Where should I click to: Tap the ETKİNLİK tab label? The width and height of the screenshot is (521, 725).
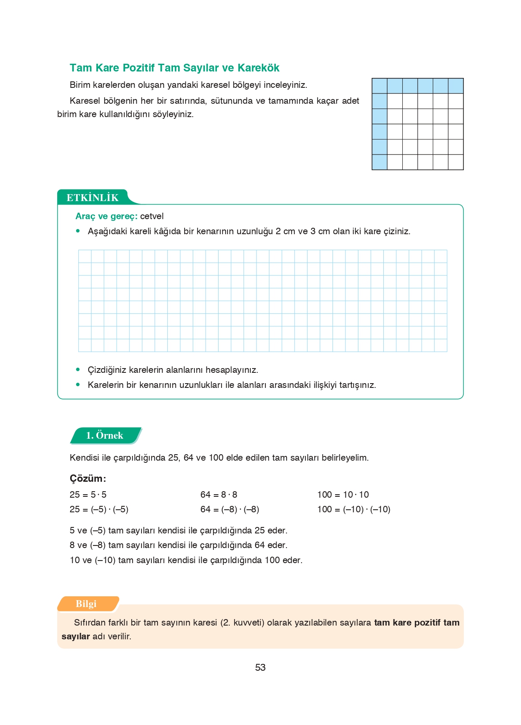(x=92, y=198)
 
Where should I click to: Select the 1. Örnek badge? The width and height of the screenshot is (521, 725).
(x=105, y=435)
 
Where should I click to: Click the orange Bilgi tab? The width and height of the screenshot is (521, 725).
(x=86, y=604)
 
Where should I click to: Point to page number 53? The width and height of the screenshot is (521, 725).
(x=260, y=667)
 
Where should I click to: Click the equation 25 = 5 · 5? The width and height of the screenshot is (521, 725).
(x=88, y=495)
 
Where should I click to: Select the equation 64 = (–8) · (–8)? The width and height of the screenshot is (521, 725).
(x=230, y=509)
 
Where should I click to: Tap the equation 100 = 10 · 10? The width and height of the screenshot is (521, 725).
(x=343, y=495)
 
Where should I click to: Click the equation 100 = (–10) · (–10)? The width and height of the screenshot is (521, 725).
(x=354, y=509)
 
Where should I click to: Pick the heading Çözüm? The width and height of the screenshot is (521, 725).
(x=88, y=478)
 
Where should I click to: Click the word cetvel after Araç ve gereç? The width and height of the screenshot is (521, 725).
(x=152, y=216)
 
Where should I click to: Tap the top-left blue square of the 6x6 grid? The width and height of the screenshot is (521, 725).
(x=379, y=86)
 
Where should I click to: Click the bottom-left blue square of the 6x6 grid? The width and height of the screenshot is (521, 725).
(x=379, y=162)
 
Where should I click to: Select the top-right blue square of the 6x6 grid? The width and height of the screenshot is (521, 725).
(x=456, y=86)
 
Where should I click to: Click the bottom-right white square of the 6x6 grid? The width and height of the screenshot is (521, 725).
(x=456, y=162)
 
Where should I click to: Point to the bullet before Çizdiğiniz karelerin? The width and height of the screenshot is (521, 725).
(x=78, y=369)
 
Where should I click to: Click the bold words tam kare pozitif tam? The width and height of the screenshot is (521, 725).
(x=416, y=623)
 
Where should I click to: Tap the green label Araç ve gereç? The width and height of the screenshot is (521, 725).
(x=106, y=216)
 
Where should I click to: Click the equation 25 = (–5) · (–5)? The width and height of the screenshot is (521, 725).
(x=99, y=509)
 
